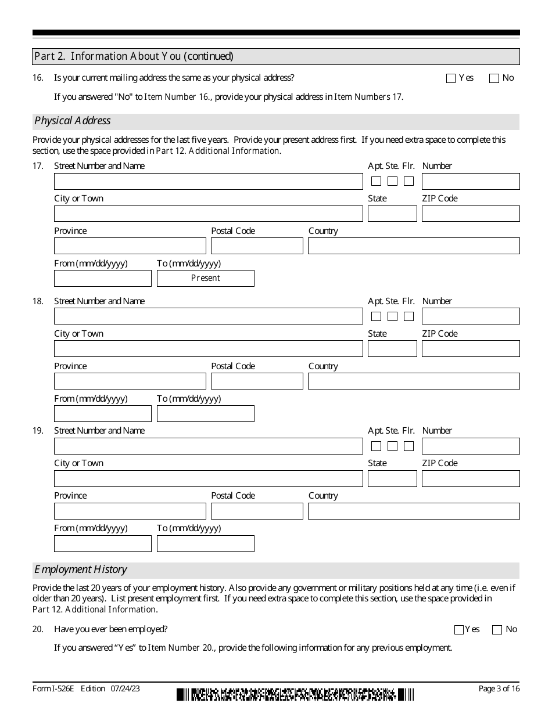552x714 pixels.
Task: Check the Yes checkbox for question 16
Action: (x=451, y=79)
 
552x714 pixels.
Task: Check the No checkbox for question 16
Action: (x=494, y=79)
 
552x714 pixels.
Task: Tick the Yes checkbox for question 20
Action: (x=459, y=630)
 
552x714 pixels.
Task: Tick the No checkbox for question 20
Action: (x=497, y=630)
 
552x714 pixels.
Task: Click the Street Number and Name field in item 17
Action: (x=208, y=182)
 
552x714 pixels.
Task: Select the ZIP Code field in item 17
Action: (x=471, y=214)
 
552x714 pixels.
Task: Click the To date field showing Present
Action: (x=206, y=278)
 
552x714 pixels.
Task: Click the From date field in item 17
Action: (x=103, y=278)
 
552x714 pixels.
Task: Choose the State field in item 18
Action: (x=392, y=349)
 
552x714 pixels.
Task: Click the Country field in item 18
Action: (x=414, y=381)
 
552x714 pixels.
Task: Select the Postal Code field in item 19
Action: (x=257, y=511)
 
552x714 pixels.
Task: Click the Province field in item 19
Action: (x=130, y=511)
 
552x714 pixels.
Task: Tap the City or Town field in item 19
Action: (x=208, y=478)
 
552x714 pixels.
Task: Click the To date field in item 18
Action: (x=206, y=413)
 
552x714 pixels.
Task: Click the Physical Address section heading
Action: (x=73, y=121)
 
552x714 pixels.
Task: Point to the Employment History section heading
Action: (x=81, y=569)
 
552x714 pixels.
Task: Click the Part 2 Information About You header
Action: (x=134, y=56)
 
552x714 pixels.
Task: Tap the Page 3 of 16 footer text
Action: (x=499, y=689)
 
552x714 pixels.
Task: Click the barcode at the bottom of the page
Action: (x=295, y=694)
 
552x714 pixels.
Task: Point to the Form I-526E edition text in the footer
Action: (x=86, y=689)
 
